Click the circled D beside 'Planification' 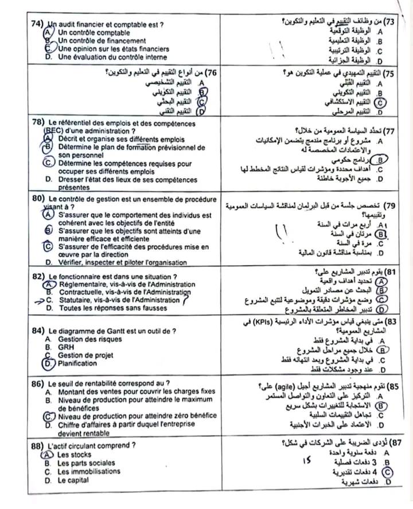tap(48, 363)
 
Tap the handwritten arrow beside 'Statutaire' tap(38, 299)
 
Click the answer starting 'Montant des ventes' tap(128, 391)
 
